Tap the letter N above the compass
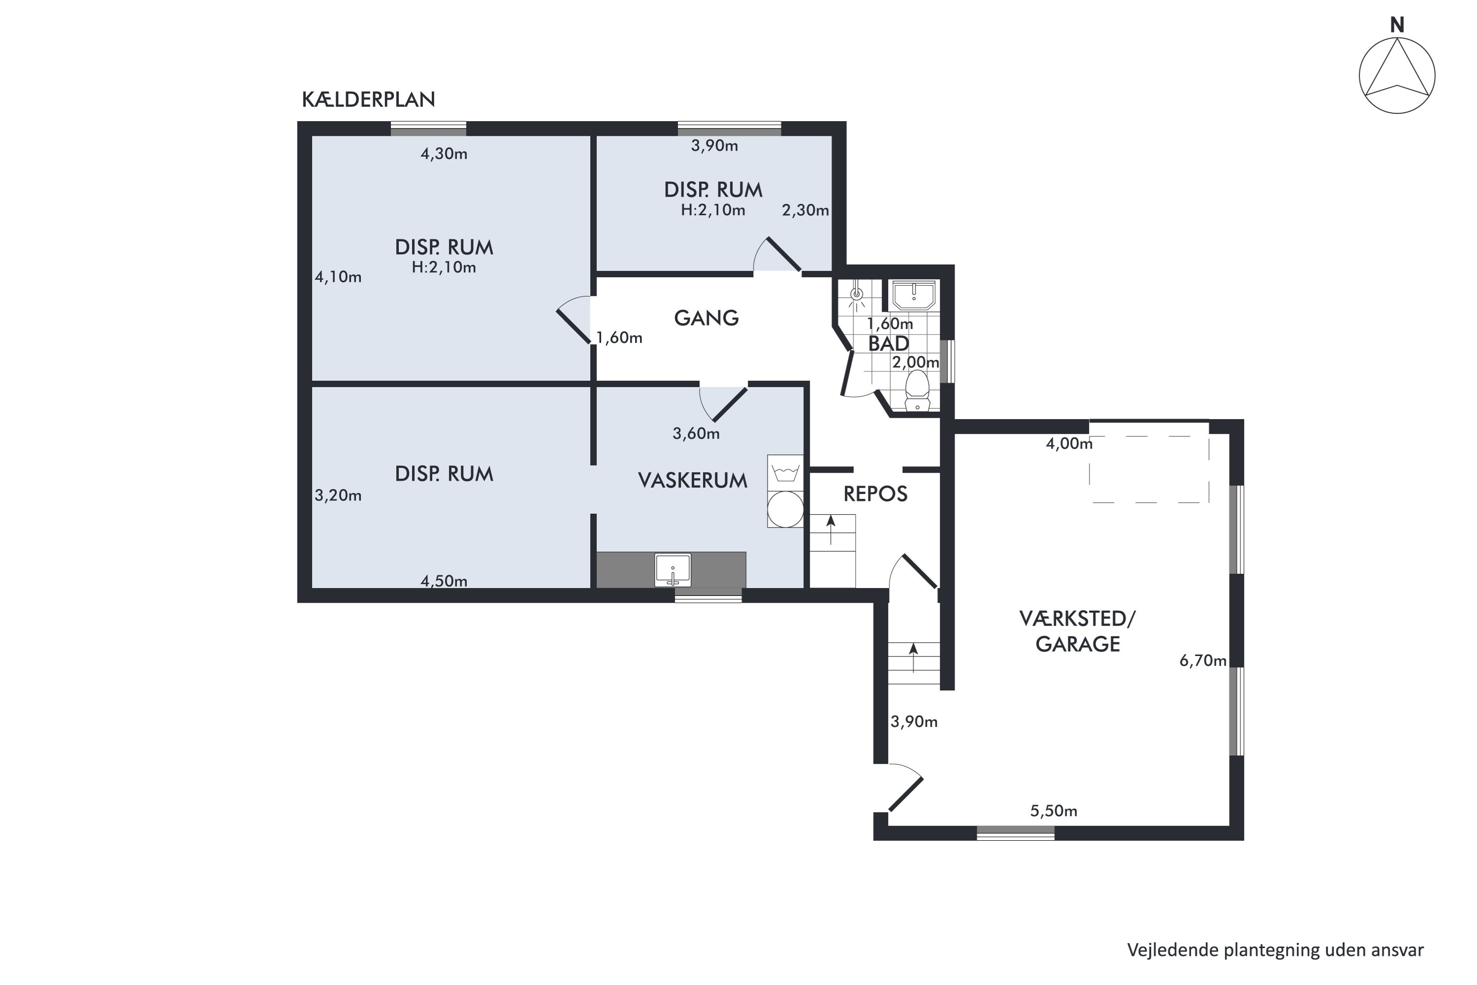pos(1397,25)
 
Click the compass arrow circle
pos(1397,76)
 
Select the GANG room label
pos(706,318)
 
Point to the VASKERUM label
pos(693,481)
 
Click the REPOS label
pos(875,494)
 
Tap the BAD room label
pos(889,344)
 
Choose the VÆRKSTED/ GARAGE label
pos(1078,631)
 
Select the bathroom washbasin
pos(914,295)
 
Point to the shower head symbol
pos(857,295)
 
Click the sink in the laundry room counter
pos(673,570)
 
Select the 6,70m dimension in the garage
pos(1203,661)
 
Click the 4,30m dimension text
pos(444,154)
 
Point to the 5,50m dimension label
pos(1054,811)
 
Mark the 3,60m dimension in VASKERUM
pos(696,433)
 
